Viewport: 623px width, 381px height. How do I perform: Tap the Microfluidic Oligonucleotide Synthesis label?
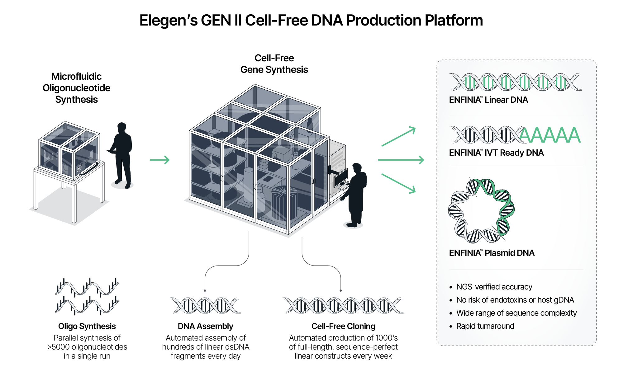coord(76,88)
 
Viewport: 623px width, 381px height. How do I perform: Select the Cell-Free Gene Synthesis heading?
coord(274,64)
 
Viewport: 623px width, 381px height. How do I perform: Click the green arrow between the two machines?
coord(159,160)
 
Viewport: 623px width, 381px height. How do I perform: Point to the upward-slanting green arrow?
coord(399,136)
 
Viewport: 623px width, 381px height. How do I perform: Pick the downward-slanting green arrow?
coord(399,183)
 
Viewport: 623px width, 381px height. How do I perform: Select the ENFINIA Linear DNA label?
coord(488,100)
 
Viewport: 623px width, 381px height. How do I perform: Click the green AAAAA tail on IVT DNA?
coord(550,135)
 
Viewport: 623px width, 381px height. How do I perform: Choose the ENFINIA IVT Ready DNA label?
coord(496,153)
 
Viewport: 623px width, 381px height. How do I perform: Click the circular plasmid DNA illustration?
coord(481,211)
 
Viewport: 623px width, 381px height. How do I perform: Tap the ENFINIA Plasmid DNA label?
coord(492,253)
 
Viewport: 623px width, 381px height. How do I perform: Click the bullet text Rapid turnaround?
coord(485,326)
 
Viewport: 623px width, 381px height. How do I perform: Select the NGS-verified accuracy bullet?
coord(494,287)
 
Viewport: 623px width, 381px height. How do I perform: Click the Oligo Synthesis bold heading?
coord(87,326)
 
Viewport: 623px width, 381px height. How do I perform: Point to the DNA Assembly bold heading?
coord(205,326)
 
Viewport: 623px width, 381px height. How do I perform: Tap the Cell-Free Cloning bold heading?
coord(343,326)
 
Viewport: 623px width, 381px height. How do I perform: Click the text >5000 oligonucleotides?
coord(87,347)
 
